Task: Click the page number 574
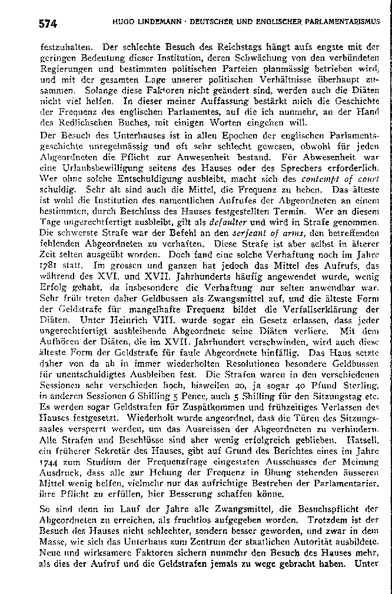48,24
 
